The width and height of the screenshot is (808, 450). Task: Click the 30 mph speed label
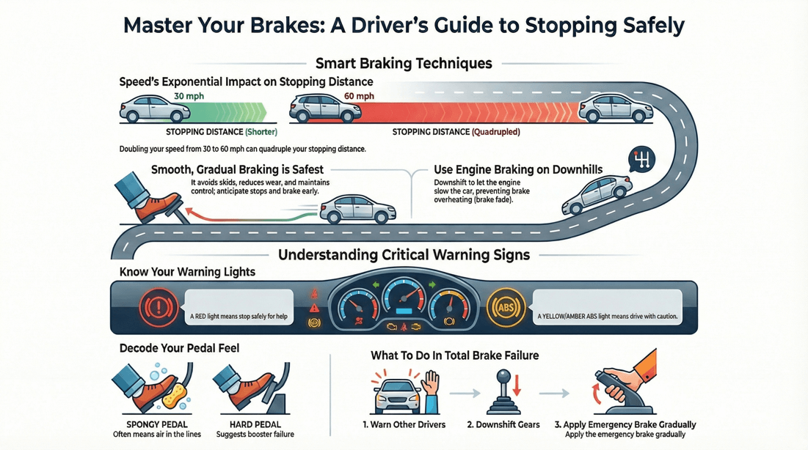[x=189, y=96]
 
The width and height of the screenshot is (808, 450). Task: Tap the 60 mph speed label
[x=359, y=96]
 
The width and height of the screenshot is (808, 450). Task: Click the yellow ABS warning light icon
[x=506, y=306]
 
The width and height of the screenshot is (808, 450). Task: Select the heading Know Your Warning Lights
[x=187, y=272]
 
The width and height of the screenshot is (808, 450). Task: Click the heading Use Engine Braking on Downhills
[x=518, y=170]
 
